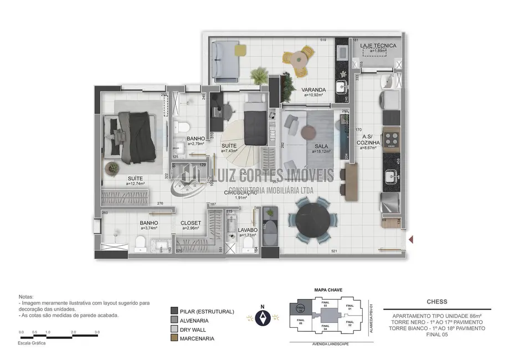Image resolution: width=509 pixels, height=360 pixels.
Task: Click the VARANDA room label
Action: pyautogui.click(x=313, y=90)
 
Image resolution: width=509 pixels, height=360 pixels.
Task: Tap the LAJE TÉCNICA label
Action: pyautogui.click(x=378, y=45)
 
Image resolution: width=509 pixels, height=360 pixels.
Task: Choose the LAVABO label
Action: pyautogui.click(x=249, y=230)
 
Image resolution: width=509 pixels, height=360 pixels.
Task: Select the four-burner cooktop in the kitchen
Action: pyautogui.click(x=392, y=138)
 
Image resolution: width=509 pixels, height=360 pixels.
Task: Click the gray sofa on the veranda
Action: pyautogui.click(x=225, y=59)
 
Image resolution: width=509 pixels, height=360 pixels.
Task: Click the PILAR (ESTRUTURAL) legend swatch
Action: pyautogui.click(x=174, y=311)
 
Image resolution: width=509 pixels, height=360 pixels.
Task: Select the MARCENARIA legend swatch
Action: pyautogui.click(x=174, y=338)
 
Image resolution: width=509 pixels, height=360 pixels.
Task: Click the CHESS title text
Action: pyautogui.click(x=437, y=302)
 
